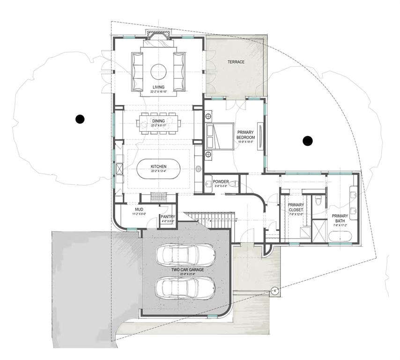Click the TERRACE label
pyautogui.click(x=236, y=62)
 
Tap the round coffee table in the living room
pyautogui.click(x=158, y=72)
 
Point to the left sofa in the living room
pyautogui.click(x=138, y=72)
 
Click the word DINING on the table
pyautogui.click(x=158, y=121)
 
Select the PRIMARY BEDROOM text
pyautogui.click(x=245, y=135)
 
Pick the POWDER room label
pyautogui.click(x=221, y=181)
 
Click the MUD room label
pyautogui.click(x=139, y=210)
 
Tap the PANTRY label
pyautogui.click(x=167, y=217)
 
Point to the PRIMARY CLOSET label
pyautogui.click(x=296, y=208)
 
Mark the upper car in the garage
pyautogui.click(x=185, y=255)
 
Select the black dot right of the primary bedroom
pyautogui.click(x=307, y=140)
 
